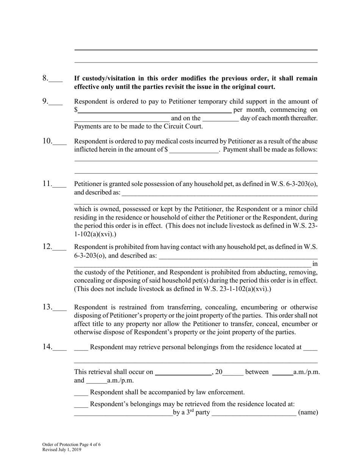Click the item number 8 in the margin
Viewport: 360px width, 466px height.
coord(45,78)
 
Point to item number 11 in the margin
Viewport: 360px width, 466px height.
coord(47,184)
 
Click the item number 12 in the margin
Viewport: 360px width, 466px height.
coord(47,247)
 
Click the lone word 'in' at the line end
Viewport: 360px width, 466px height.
coord(315,264)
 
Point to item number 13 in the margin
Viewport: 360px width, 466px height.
coord(47,307)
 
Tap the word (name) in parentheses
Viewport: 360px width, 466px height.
coord(308,413)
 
